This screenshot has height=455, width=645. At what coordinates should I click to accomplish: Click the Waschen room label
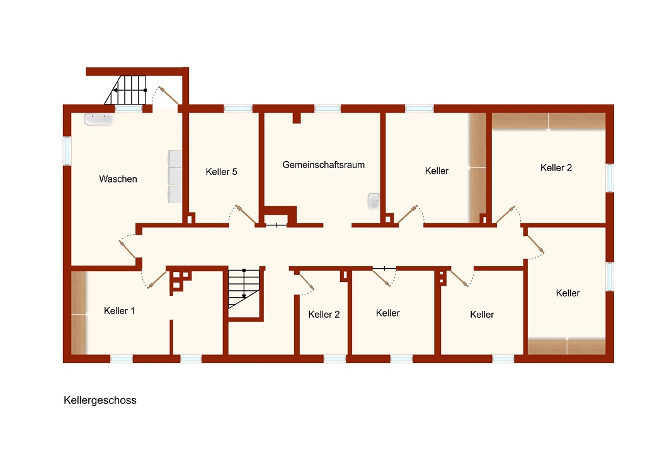coord(118,179)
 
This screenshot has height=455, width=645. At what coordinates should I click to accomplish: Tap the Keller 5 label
coord(221,172)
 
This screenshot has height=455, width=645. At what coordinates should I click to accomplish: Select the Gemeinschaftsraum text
coord(323,165)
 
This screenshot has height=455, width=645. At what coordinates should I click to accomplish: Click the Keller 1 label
coord(119,311)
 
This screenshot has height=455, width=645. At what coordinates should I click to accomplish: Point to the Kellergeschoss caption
coord(100,400)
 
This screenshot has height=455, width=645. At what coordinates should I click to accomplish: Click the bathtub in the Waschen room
coord(99,119)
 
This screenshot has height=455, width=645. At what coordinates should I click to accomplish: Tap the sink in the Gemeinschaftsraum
coord(374,201)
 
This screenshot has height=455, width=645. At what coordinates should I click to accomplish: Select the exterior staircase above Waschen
coord(125,90)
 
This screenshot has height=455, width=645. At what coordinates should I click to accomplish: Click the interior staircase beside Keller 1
coord(244,288)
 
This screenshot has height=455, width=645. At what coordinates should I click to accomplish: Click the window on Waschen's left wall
coord(67,151)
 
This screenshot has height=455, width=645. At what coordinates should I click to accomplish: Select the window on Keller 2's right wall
coord(610,178)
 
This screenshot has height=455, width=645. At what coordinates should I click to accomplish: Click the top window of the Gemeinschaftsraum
coord(328,108)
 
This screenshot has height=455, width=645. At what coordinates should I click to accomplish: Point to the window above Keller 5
coord(238,108)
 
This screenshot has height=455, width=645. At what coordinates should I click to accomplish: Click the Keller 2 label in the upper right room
coord(556,167)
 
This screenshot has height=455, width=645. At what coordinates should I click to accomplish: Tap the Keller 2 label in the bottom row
coord(324,315)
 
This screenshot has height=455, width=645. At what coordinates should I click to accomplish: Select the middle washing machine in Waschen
coord(175,176)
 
